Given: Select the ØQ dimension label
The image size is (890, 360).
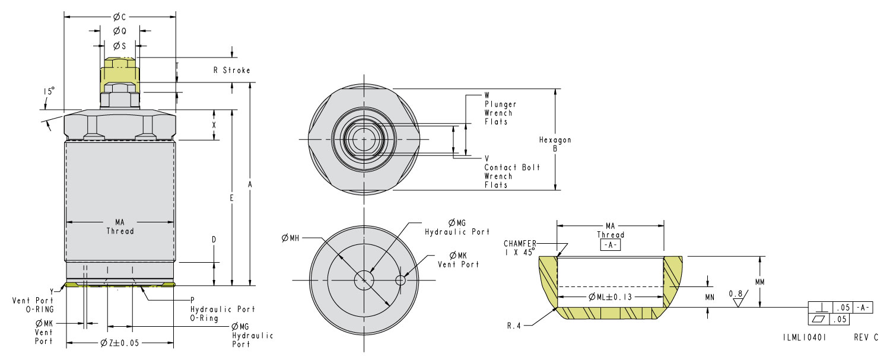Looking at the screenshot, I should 119,31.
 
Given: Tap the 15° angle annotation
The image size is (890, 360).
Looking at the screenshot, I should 49,91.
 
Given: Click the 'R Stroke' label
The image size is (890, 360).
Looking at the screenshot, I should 231,71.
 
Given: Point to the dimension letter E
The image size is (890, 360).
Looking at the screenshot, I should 232,197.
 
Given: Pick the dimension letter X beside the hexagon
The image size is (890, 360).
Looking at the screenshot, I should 214,125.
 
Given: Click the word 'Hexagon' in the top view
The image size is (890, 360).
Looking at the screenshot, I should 555,141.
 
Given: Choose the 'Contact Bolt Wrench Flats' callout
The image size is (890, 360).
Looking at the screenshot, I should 511,172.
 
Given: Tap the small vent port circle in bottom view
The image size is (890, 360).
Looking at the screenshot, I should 402,280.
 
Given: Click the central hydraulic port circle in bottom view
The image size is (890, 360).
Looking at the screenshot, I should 362,280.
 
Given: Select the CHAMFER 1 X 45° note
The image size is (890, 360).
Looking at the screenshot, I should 520,247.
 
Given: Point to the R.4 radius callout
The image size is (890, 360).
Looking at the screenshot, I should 514,325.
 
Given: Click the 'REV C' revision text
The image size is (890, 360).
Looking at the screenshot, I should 866,337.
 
